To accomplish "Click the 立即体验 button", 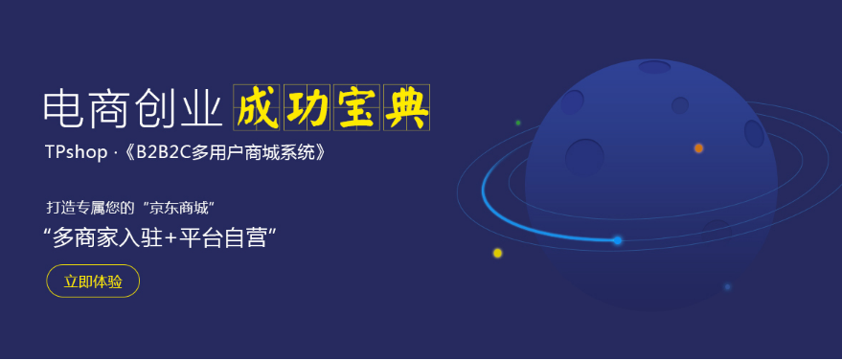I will tap(93, 281).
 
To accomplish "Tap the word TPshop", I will tap(76, 152).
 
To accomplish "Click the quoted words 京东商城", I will tap(190, 207).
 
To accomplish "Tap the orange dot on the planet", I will tap(698, 148).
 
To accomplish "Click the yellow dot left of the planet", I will tap(497, 253).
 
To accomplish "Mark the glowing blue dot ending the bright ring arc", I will tap(617, 240).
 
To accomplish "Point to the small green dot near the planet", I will tap(518, 123).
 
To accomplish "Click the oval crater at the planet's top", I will tap(654, 67).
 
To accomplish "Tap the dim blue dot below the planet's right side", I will tap(727, 286).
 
